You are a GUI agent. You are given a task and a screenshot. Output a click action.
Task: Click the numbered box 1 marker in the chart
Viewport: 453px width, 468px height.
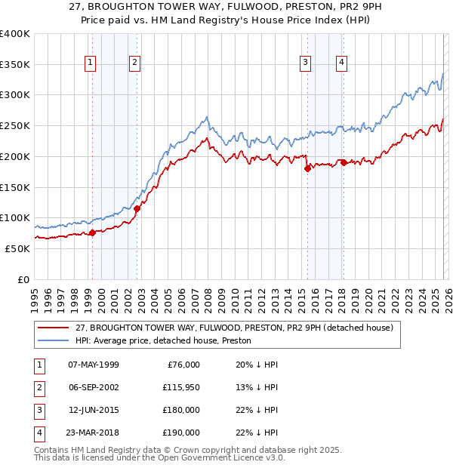90,63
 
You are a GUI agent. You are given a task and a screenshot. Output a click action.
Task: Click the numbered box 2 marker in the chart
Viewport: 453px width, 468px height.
134,63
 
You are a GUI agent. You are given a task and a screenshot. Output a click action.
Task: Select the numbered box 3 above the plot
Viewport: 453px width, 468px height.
305,63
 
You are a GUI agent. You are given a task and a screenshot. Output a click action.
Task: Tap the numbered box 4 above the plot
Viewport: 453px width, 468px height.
342,63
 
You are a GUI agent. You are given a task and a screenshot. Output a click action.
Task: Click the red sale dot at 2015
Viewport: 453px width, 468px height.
307,169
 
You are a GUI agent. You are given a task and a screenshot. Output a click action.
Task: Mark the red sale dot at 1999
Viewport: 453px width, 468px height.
92,232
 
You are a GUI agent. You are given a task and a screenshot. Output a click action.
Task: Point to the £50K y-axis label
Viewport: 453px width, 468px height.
17,248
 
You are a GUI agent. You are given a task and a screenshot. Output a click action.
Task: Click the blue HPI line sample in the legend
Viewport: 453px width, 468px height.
54,341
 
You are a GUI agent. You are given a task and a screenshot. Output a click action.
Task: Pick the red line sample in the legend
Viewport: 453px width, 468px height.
54,328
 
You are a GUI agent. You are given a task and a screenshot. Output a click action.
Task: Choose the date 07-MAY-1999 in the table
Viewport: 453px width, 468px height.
93,365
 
